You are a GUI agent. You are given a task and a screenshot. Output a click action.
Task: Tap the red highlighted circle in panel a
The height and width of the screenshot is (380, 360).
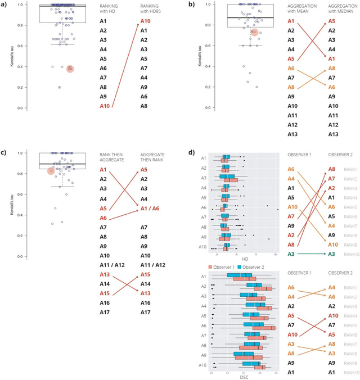tap(70, 69)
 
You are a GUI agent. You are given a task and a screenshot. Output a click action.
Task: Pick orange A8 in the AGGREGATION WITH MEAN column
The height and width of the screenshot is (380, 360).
tap(291, 87)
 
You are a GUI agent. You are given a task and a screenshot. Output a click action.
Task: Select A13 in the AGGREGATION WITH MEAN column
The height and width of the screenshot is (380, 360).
tap(291, 134)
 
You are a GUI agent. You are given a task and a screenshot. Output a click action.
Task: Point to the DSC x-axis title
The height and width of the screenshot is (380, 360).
tap(243, 377)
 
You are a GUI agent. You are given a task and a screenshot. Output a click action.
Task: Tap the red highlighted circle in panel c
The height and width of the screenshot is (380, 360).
tap(51, 171)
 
